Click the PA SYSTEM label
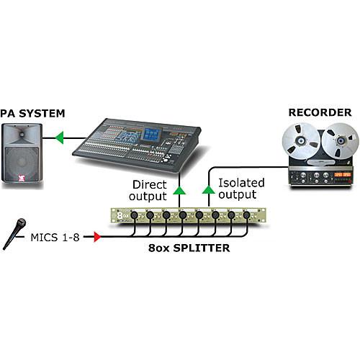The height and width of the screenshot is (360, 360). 32,113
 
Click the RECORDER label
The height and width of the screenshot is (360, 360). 320,112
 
